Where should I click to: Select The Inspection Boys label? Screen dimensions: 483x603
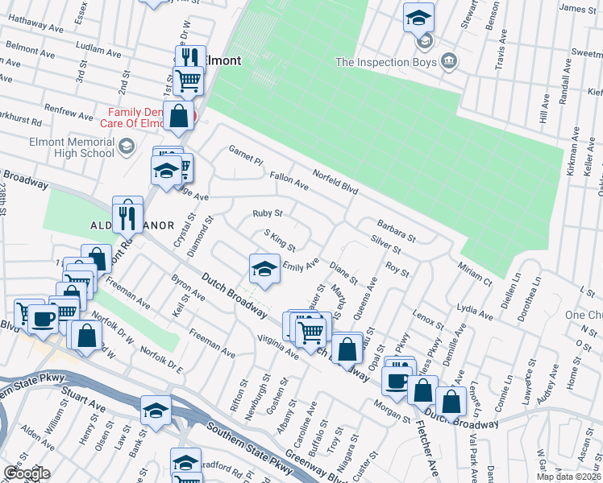pos(385,62)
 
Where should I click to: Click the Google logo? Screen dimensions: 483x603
pos(27,473)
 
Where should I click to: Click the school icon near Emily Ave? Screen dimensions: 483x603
pos(264,268)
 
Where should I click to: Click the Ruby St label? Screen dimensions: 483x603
pos(267,214)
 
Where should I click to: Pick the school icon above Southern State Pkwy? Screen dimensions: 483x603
pos(156,410)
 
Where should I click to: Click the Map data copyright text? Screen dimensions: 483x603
pos(569,477)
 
